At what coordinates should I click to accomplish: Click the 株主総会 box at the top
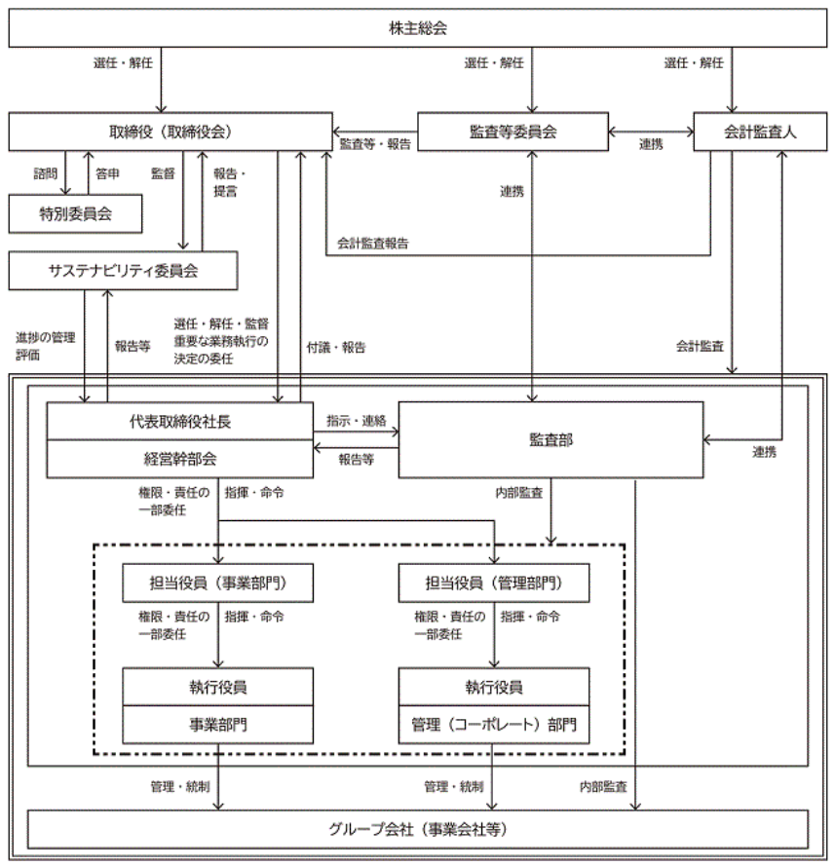(417, 27)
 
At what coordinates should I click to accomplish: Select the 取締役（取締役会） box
(171, 132)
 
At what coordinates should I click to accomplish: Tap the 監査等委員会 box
(512, 132)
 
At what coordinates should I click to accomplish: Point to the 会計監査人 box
(760, 132)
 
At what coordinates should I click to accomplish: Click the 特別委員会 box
(75, 213)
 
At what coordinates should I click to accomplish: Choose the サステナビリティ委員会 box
(123, 271)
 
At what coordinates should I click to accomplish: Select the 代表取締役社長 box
(180, 422)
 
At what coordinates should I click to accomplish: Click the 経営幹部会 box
(180, 459)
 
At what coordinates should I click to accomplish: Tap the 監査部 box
(550, 439)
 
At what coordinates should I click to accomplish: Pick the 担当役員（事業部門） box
(217, 583)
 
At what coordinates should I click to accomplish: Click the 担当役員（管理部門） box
(494, 583)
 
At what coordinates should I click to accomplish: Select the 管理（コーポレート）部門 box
(494, 725)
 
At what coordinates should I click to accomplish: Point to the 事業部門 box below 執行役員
(217, 725)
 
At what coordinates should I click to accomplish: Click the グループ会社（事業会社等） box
(417, 829)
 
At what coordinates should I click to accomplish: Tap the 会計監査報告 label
(373, 243)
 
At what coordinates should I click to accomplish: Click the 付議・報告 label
(336, 348)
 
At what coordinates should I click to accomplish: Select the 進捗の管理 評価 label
(45, 346)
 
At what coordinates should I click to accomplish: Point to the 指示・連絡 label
(357, 421)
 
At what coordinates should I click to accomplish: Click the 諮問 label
(45, 173)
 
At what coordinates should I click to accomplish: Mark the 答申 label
(107, 173)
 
